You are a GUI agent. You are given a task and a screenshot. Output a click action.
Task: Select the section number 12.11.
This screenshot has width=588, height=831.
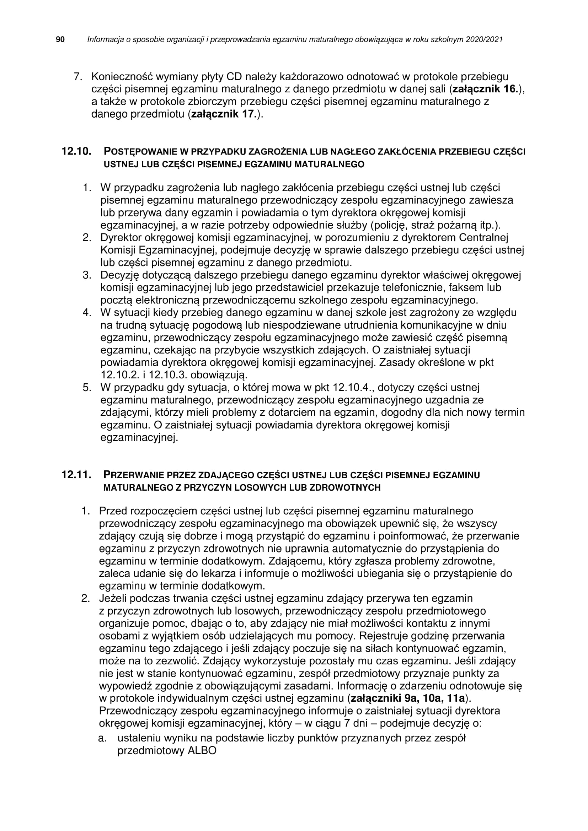(x=76, y=475)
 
